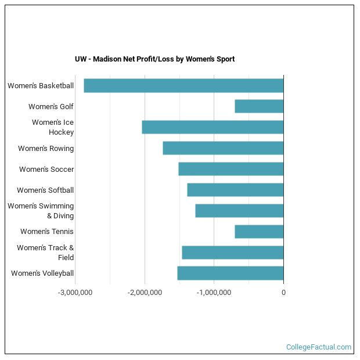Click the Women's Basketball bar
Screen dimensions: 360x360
pyautogui.click(x=183, y=85)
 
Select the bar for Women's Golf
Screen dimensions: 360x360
pyautogui.click(x=259, y=106)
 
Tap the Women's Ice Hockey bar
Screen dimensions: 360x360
pyautogui.click(x=213, y=127)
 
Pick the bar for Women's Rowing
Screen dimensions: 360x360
pyautogui.click(x=223, y=148)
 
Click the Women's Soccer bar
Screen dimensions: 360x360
pyautogui.click(x=231, y=169)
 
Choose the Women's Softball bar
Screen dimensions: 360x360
pyautogui.click(x=235, y=190)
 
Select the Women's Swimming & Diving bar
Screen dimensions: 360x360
pyautogui.click(x=239, y=211)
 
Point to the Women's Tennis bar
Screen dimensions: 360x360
pyautogui.click(x=259, y=232)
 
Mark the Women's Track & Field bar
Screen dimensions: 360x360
pyautogui.click(x=233, y=253)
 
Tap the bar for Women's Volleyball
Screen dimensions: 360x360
pyautogui.click(x=231, y=273)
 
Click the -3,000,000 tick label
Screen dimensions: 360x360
pyautogui.click(x=75, y=293)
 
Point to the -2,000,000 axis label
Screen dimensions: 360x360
pyautogui.click(x=145, y=293)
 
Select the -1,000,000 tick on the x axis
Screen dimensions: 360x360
pyautogui.click(x=214, y=293)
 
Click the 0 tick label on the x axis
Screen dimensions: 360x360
pyautogui.click(x=283, y=293)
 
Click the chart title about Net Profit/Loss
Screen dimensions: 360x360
pyautogui.click(x=154, y=59)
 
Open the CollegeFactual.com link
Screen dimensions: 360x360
pyautogui.click(x=318, y=347)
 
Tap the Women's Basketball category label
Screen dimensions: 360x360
pyautogui.click(x=41, y=86)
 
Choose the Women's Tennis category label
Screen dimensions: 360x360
pyautogui.click(x=47, y=232)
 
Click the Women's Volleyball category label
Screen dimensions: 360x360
pyautogui.click(x=42, y=273)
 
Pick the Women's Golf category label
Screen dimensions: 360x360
pyautogui.click(x=51, y=107)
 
